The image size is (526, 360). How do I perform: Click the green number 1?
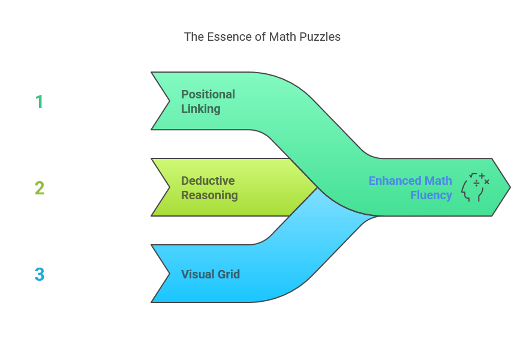click(x=40, y=101)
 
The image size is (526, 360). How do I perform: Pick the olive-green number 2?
click(x=40, y=188)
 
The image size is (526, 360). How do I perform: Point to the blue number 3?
click(x=40, y=274)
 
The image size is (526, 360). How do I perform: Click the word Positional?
click(x=208, y=94)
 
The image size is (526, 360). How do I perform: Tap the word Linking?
click(x=200, y=109)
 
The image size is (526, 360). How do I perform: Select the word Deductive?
click(x=208, y=181)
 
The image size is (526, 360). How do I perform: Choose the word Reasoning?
click(x=209, y=195)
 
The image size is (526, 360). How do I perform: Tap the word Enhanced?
click(x=395, y=181)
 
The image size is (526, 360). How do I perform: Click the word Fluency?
click(x=431, y=195)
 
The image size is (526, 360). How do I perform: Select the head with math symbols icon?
click(x=476, y=187)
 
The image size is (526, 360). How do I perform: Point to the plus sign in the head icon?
click(x=482, y=176)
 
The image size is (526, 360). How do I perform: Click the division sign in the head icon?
click(x=476, y=184)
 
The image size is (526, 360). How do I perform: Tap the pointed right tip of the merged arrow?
click(x=510, y=187)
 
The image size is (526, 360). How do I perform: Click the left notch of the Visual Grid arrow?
click(x=170, y=274)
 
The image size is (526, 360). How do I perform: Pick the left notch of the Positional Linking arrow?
click(x=170, y=101)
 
